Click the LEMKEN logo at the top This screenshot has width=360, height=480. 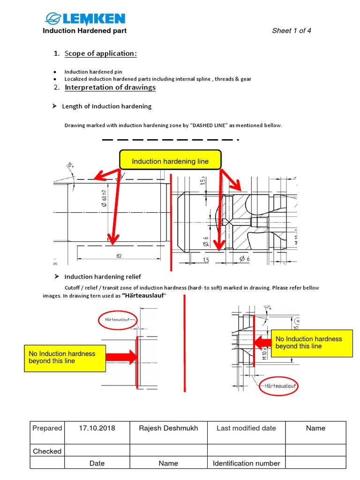[85, 19]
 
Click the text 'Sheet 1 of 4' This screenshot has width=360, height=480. [292, 31]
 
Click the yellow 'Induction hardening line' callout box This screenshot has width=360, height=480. [170, 161]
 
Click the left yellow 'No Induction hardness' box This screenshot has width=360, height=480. [65, 358]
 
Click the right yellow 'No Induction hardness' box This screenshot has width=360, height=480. [312, 343]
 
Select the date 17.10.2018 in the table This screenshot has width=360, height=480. [97, 428]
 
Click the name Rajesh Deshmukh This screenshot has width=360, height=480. [168, 428]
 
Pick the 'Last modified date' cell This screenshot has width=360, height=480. [246, 428]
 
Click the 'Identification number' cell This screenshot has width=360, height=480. [246, 463]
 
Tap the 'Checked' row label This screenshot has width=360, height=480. [47, 451]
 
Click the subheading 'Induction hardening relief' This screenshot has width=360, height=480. [103, 277]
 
